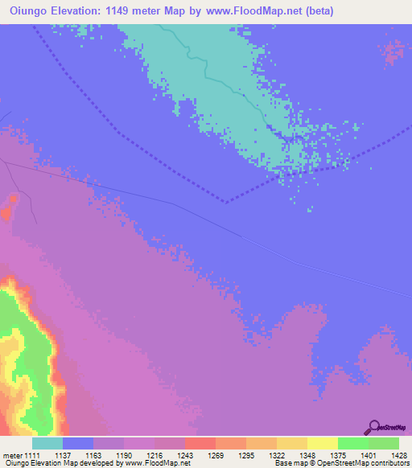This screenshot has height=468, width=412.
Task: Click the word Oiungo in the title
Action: click(x=30, y=11)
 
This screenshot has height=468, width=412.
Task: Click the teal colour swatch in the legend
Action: click(x=47, y=443)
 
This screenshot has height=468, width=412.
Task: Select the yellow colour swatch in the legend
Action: click(x=322, y=443)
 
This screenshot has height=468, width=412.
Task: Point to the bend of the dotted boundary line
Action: click(x=225, y=201)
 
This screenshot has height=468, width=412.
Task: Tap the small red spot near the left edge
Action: click(x=7, y=212)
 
